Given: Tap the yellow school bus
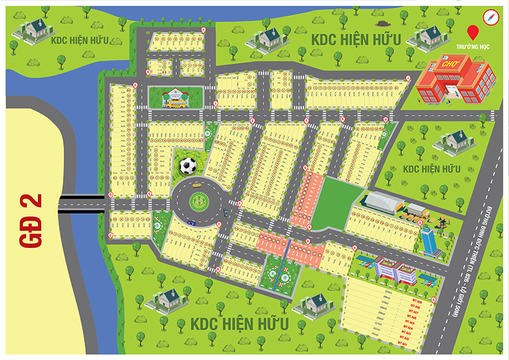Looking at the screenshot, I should coord(176,102).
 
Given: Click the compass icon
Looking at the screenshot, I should coord(489,17).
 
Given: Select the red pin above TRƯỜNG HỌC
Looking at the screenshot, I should coord(472,32).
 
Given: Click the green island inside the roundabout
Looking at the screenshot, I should coord(199,201).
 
